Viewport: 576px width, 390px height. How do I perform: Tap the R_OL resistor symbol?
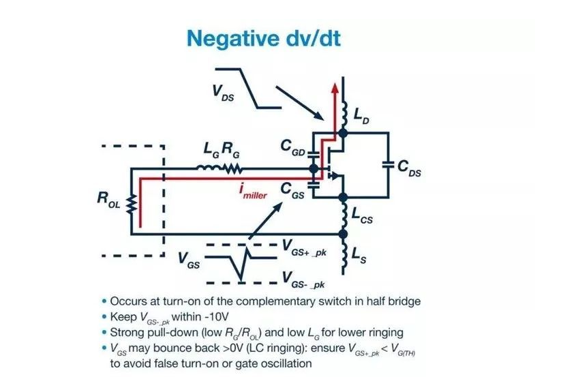coord(132,202)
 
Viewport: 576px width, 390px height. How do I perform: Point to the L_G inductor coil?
coord(207,167)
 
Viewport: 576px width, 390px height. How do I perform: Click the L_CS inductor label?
coord(365,217)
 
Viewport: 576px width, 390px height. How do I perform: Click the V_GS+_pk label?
coord(305,250)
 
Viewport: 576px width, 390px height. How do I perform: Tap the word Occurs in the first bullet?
coord(128,301)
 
